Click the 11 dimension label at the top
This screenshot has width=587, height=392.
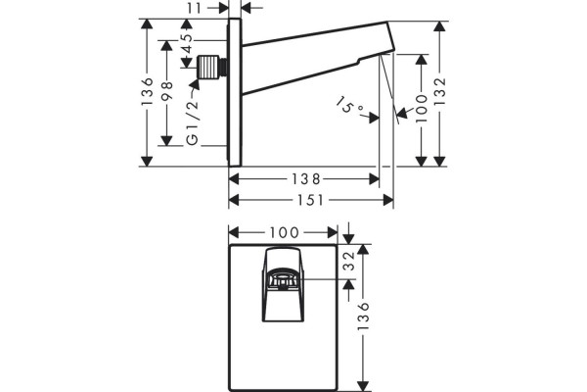pos(195,8)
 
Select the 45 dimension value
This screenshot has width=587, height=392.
pos(187,43)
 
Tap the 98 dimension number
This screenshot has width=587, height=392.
pos(167,90)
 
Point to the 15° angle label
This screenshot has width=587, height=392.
pos(349,106)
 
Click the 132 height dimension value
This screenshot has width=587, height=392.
pos(440,91)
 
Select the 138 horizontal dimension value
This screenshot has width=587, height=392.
pos(306,179)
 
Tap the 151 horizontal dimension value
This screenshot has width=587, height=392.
pos(310,200)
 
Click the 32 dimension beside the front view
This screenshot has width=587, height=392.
pos(349,261)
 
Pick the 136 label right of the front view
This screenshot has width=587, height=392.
pos(363,316)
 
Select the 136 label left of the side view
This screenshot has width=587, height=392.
pos(148,91)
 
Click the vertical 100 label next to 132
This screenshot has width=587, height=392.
pos(422,109)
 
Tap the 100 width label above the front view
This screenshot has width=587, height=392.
pos(284,232)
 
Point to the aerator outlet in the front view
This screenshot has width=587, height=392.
pos(283,280)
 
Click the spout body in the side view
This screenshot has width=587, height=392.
pos(318,57)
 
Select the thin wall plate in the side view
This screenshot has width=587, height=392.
pos(235,92)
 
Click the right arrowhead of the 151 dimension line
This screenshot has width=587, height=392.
pos(388,200)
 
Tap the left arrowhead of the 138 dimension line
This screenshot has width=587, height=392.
pos(234,179)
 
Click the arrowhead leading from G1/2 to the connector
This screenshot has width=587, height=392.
pos(196,83)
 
